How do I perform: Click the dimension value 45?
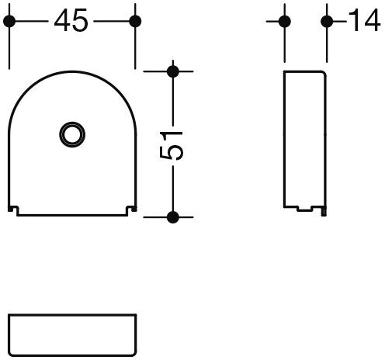(x=71, y=22)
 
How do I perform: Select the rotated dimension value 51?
(x=176, y=144)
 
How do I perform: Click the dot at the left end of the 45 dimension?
(x=9, y=22)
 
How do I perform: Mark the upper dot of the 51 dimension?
(x=173, y=72)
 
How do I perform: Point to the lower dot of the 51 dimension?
(x=173, y=216)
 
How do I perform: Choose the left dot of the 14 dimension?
(x=285, y=22)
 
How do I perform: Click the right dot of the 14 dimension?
(x=326, y=22)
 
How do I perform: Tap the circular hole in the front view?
(x=71, y=133)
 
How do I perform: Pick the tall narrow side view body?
(x=304, y=140)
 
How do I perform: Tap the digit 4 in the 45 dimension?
(x=62, y=22)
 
